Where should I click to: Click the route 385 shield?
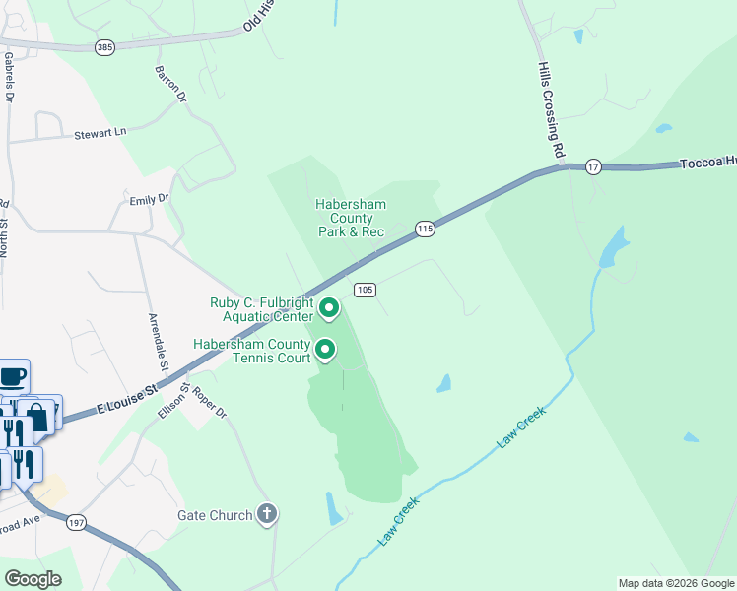click(104, 46)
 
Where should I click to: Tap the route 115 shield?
click(425, 229)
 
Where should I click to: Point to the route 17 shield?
click(592, 167)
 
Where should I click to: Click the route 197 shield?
click(74, 523)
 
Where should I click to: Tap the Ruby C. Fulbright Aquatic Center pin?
click(329, 309)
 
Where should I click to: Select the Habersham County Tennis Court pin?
click(324, 350)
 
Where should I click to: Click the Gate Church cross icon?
click(266, 513)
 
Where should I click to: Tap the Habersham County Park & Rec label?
click(350, 218)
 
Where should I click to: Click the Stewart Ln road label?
click(100, 133)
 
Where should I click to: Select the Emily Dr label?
click(150, 199)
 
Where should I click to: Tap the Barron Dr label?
click(170, 85)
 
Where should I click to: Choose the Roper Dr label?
click(209, 402)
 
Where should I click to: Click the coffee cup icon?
click(13, 375)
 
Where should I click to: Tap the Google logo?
click(33, 578)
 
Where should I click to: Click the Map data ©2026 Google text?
click(675, 583)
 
